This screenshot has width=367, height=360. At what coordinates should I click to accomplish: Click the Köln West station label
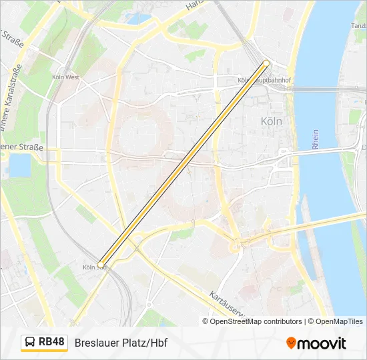click(x=65, y=77)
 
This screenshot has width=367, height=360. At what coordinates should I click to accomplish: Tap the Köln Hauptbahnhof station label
click(x=264, y=81)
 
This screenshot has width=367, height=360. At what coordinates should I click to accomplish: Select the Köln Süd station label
click(x=94, y=267)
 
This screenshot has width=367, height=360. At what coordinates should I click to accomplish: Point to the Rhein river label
click(x=315, y=139)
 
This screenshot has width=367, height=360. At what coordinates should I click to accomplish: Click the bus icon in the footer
click(x=30, y=343)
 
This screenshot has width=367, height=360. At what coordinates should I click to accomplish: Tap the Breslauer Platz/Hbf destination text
click(x=121, y=343)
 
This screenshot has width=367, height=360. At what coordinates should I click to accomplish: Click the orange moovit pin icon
click(x=291, y=343)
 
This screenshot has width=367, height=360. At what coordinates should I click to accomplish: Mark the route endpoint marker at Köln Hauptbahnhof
click(x=266, y=63)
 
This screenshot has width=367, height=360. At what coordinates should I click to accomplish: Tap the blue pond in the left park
click(x=20, y=165)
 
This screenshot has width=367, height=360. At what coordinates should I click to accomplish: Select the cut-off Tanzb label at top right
click(x=358, y=26)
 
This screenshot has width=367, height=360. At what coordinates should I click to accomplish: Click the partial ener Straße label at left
click(x=21, y=147)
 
